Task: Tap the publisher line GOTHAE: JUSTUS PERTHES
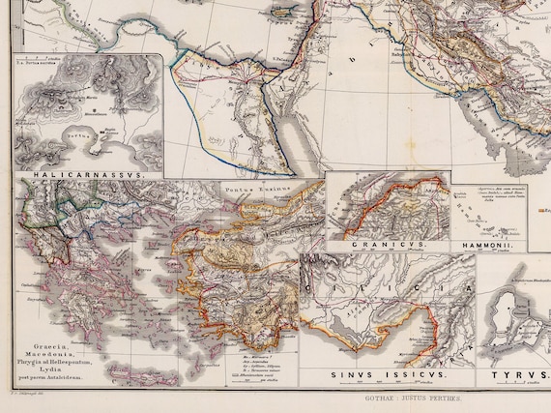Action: click(x=417, y=397)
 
